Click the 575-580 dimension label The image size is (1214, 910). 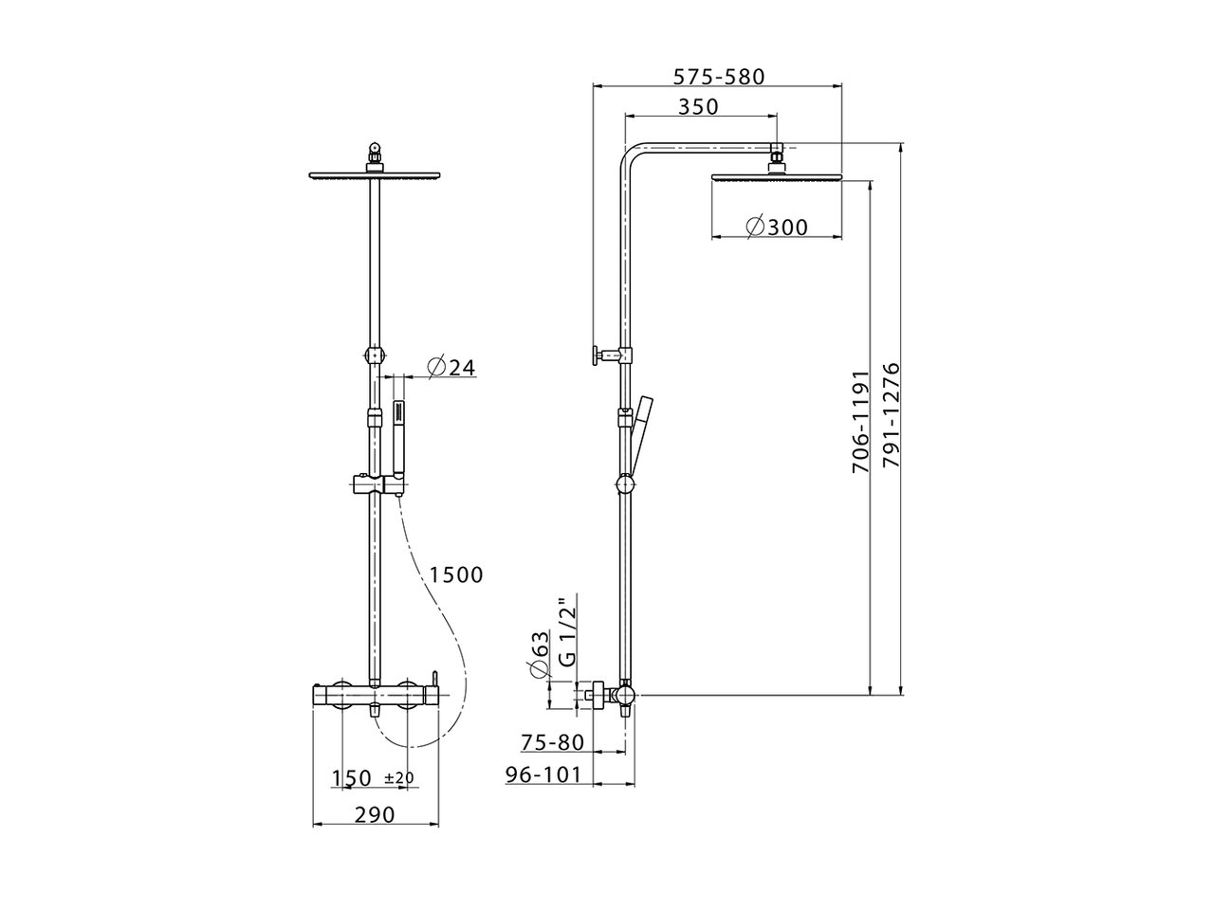tap(718, 76)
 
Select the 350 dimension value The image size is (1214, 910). tap(698, 107)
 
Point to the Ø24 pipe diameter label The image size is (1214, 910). tap(451, 367)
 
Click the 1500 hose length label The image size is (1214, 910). tap(455, 574)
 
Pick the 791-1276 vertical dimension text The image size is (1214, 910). tap(890, 414)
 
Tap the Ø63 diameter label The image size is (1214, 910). tap(538, 654)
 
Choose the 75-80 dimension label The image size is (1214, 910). tap(552, 742)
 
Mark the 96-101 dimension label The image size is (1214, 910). tap(543, 774)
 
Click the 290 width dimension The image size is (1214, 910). tap(375, 813)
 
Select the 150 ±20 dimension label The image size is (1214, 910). tap(373, 778)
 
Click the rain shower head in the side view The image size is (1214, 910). tap(775, 176)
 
